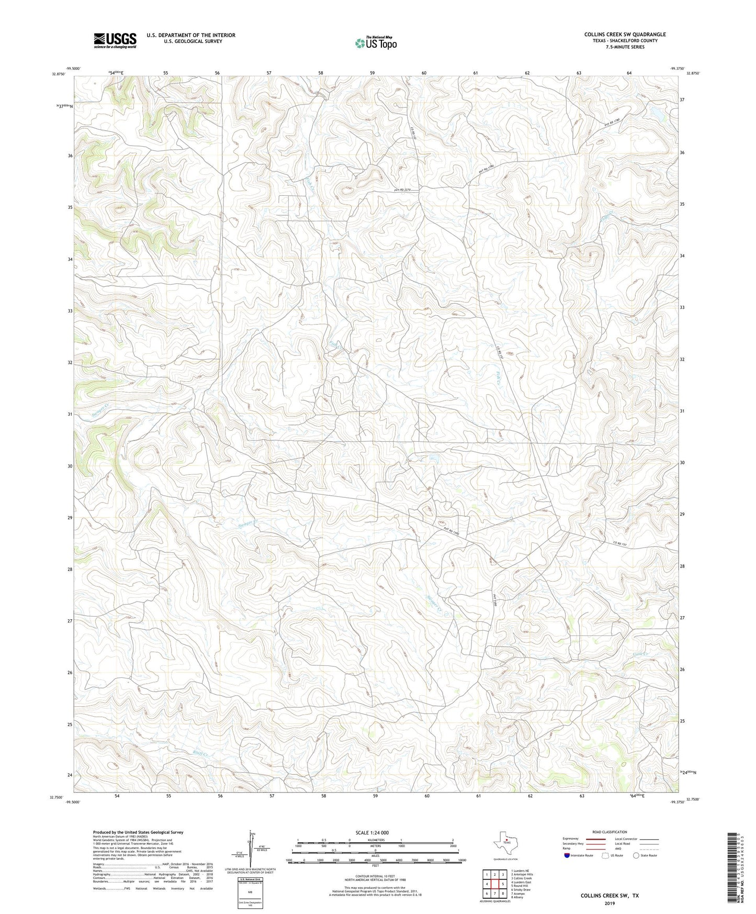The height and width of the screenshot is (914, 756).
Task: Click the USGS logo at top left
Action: pyautogui.click(x=115, y=40)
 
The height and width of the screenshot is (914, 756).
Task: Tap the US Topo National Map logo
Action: pyautogui.click(x=375, y=43)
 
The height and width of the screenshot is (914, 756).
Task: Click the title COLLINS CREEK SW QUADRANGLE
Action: pyautogui.click(x=625, y=35)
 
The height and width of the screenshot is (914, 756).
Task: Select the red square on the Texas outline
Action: pyautogui.click(x=506, y=842)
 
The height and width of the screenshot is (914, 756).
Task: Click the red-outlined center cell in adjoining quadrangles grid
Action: pyautogui.click(x=494, y=884)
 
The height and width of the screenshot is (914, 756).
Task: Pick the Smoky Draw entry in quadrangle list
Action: pyautogui.click(x=521, y=889)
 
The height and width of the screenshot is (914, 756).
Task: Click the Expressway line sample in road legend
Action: pyautogui.click(x=595, y=839)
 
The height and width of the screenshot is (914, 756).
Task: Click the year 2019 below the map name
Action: pyautogui.click(x=609, y=903)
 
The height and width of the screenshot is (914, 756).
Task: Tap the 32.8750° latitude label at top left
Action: pyautogui.click(x=58, y=74)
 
